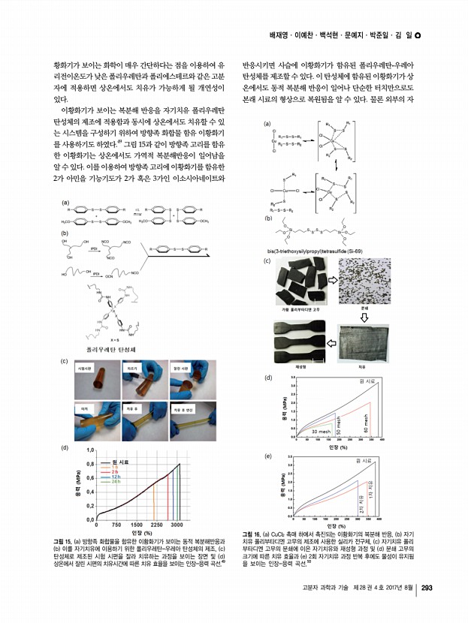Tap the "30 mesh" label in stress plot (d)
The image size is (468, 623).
[x=321, y=432]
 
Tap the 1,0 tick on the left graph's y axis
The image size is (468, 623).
[x=89, y=451]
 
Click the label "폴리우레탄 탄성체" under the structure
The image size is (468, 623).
[x=110, y=350]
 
